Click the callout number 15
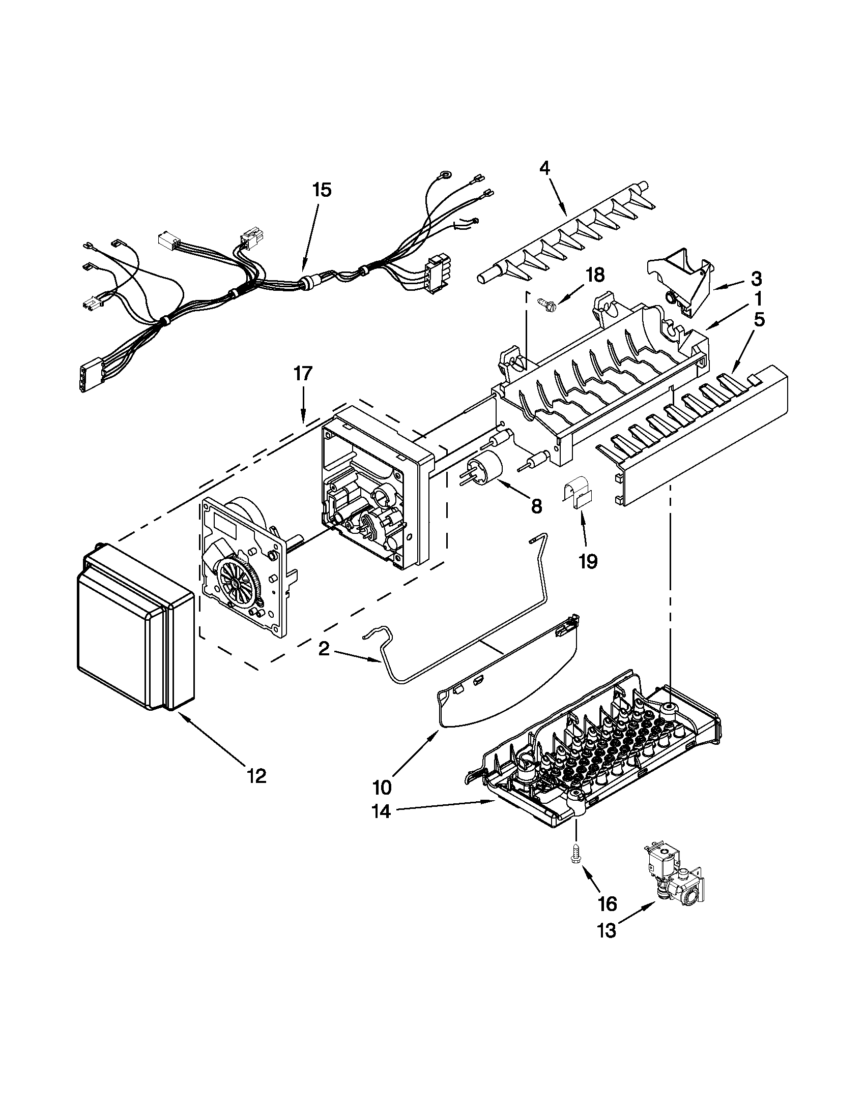click(322, 190)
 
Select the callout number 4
click(544, 168)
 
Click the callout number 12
click(256, 776)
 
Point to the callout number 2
click(324, 649)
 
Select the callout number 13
click(607, 930)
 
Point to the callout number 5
click(759, 319)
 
